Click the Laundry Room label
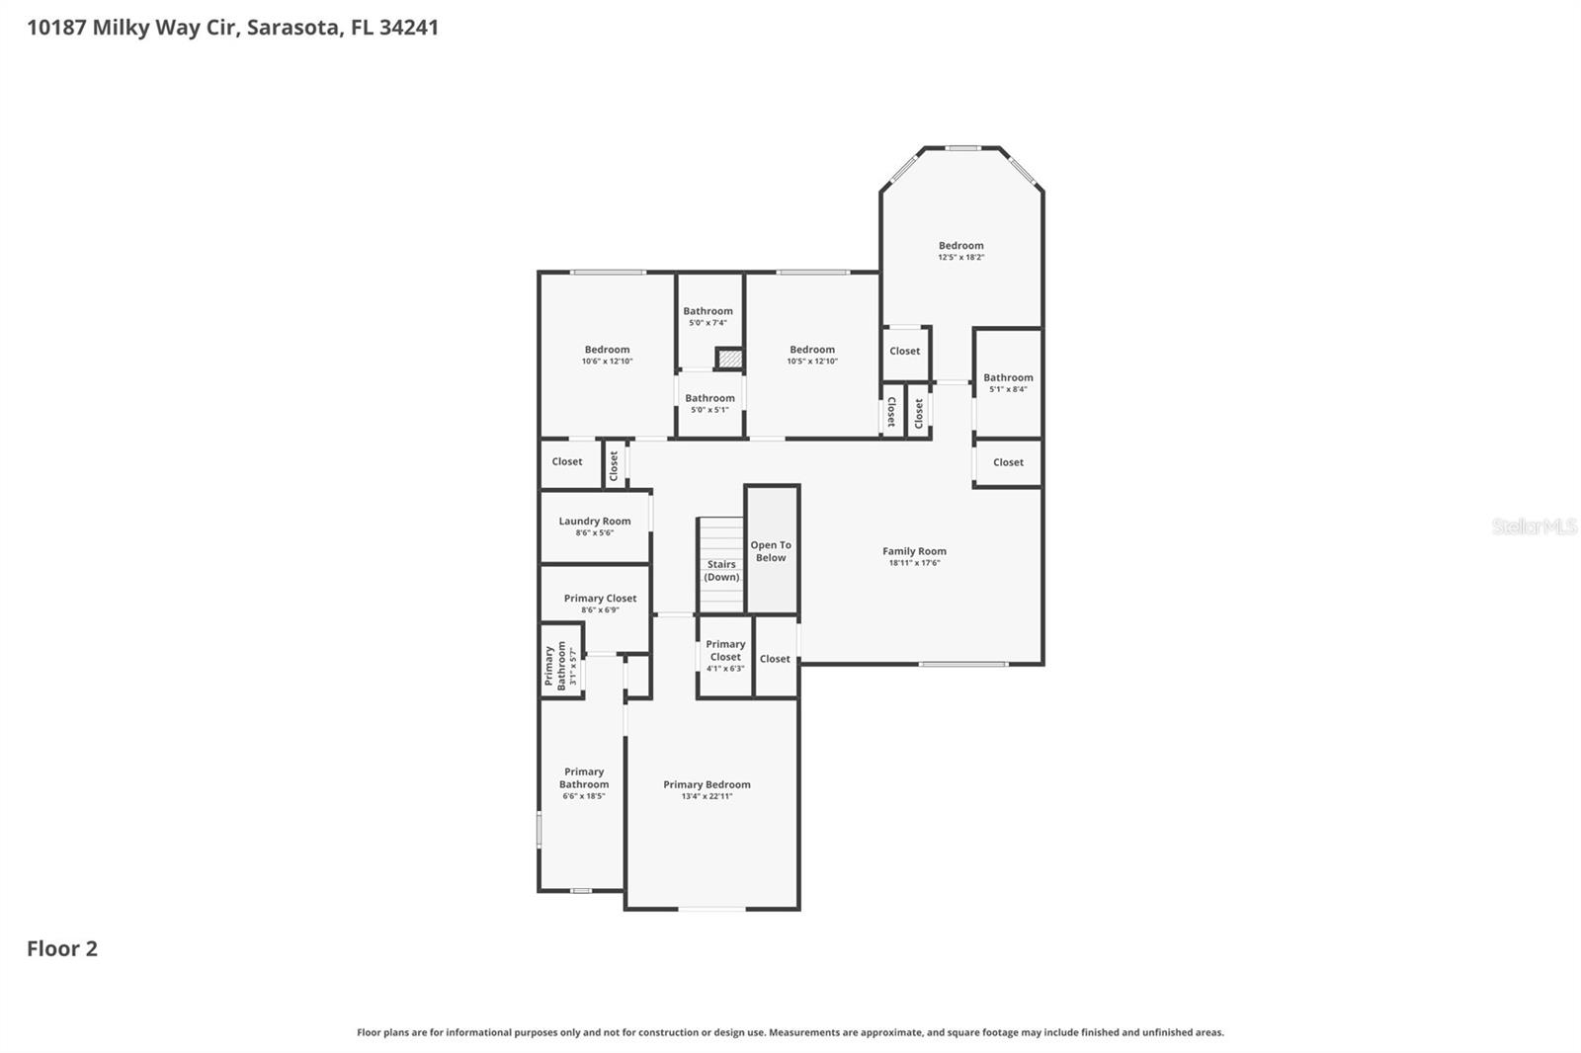coord(594,522)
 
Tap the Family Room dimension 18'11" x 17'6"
coord(914,563)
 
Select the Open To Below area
coord(771,551)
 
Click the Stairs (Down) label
coord(721,571)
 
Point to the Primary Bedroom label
coord(707,784)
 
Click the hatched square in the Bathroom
coord(729,359)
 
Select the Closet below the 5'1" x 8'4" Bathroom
coord(1008,462)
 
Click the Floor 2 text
coord(62,948)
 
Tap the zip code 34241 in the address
coord(409,27)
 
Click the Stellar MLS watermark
coord(1534,526)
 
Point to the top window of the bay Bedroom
coord(961,148)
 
